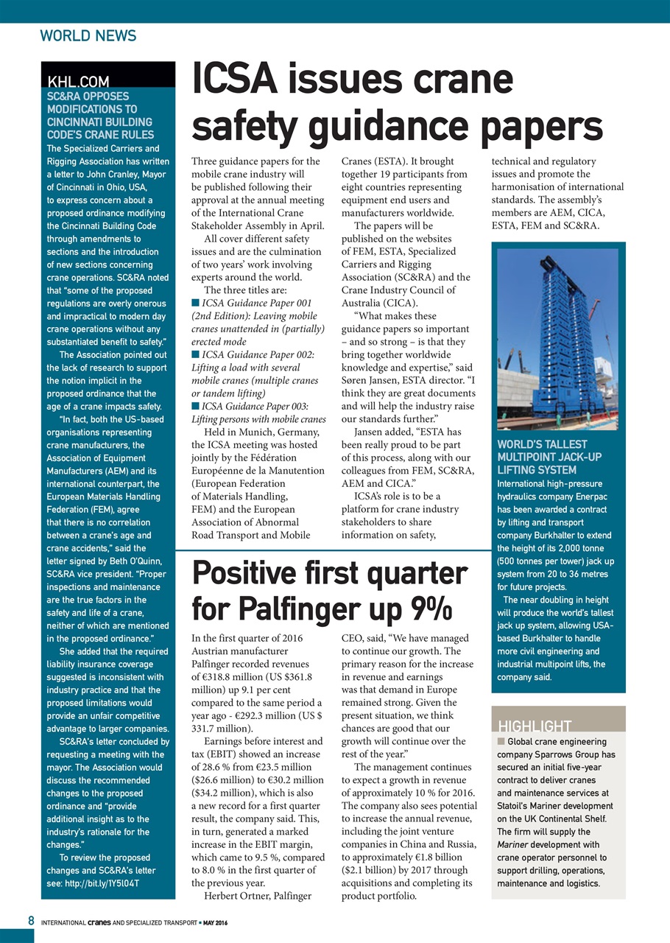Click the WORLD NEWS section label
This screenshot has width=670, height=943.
pyautogui.click(x=88, y=35)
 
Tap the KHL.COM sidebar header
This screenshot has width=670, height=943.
pyautogui.click(x=78, y=82)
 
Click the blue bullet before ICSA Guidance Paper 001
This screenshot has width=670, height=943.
pyautogui.click(x=195, y=302)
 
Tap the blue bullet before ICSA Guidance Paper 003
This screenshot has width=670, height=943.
pyautogui.click(x=195, y=405)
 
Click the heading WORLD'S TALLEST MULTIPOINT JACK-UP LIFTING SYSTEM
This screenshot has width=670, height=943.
pyautogui.click(x=549, y=457)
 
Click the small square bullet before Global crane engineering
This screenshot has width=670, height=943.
pyautogui.click(x=501, y=741)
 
